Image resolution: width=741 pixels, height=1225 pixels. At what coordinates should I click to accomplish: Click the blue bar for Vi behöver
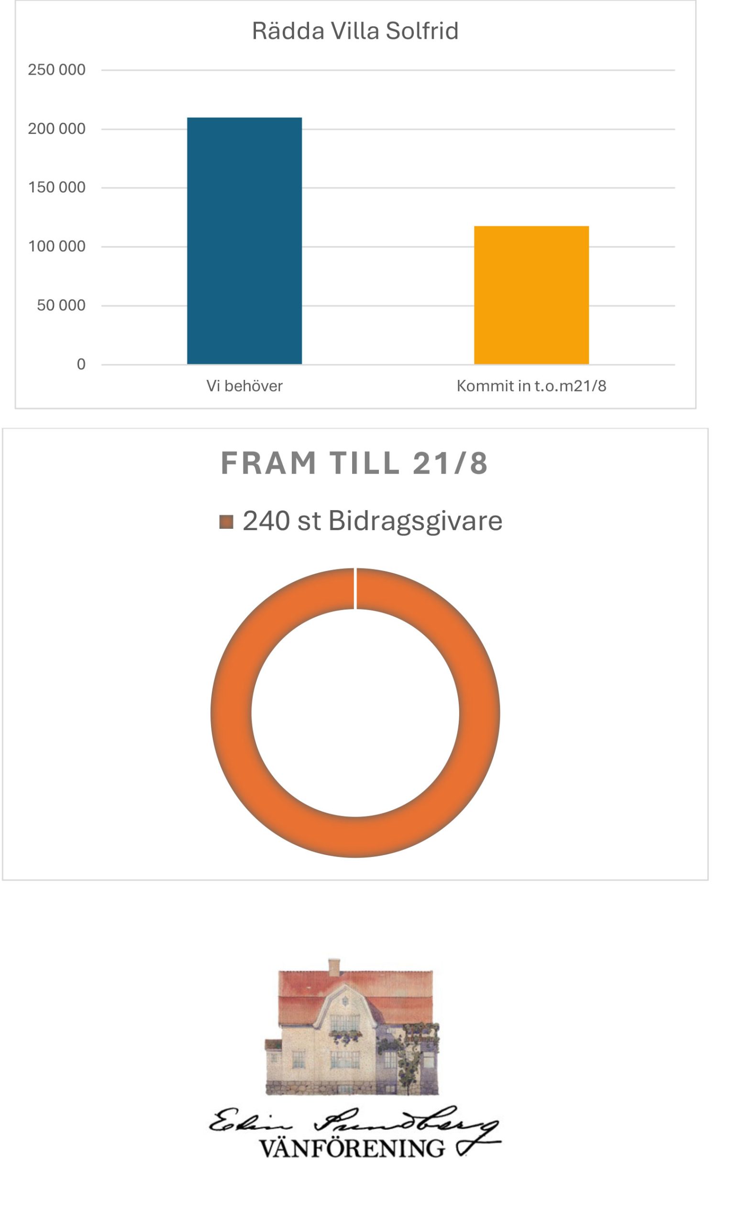click(x=244, y=241)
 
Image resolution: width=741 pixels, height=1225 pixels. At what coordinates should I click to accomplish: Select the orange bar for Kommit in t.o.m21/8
click(x=531, y=295)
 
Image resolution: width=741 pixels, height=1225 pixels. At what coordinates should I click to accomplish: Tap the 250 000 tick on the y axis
click(x=56, y=69)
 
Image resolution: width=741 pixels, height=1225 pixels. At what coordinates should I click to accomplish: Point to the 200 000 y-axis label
click(x=56, y=129)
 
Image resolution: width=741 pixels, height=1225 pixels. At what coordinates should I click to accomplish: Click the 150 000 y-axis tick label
click(x=56, y=188)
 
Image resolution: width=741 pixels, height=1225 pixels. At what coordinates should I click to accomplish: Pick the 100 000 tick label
click(x=56, y=246)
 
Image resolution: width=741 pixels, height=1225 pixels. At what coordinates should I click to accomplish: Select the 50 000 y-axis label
click(x=61, y=305)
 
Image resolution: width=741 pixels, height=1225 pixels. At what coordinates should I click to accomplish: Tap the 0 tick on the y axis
click(x=81, y=364)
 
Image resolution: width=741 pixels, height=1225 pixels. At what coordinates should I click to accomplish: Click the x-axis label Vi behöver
click(x=244, y=386)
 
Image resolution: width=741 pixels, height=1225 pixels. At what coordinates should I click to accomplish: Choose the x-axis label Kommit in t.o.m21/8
click(x=531, y=386)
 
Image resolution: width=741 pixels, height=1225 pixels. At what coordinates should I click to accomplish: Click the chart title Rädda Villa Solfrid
click(x=355, y=31)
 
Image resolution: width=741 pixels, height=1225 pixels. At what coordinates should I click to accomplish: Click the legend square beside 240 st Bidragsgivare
click(x=226, y=522)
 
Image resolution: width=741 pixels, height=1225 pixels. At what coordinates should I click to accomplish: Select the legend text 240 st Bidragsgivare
click(x=372, y=521)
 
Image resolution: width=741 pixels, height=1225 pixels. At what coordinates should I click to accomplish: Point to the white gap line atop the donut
click(x=355, y=588)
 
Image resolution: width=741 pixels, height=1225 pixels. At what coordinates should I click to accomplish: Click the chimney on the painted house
click(x=334, y=966)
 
